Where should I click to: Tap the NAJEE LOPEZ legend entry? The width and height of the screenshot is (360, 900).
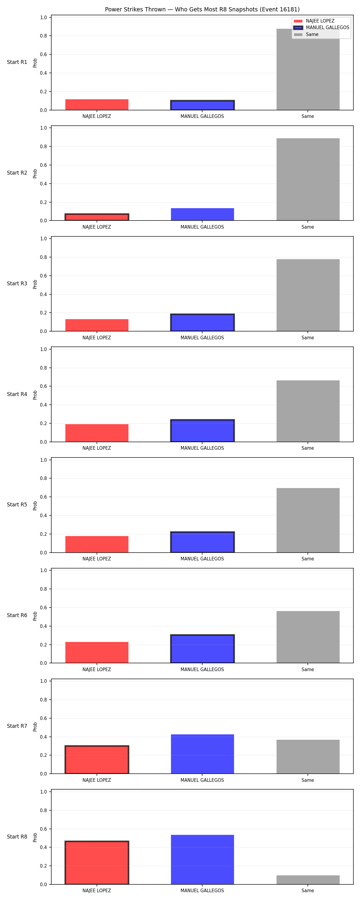tap(314, 21)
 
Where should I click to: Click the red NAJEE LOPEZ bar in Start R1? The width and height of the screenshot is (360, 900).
tap(97, 104)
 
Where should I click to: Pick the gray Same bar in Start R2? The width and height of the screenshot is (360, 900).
tap(308, 179)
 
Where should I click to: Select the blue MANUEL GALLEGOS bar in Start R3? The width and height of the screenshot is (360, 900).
tap(202, 322)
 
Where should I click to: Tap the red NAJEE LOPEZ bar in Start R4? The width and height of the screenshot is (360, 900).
tap(97, 433)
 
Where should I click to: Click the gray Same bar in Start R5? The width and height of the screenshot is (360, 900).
tap(308, 520)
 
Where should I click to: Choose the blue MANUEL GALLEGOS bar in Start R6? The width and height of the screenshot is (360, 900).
tap(202, 649)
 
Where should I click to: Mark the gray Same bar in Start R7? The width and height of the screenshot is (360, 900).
tap(308, 757)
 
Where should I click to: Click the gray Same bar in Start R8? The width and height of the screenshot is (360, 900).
tap(308, 880)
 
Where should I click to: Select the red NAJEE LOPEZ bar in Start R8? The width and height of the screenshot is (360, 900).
tap(97, 862)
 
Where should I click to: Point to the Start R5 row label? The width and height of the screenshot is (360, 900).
tap(17, 505)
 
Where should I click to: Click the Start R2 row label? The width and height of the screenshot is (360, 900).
tap(17, 172)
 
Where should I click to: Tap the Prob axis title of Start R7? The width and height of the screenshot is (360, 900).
tap(35, 727)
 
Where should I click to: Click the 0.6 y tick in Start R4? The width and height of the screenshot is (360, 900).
tap(43, 386)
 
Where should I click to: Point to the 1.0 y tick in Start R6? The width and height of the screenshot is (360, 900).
tap(43, 571)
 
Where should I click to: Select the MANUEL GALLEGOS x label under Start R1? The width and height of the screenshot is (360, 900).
tap(202, 116)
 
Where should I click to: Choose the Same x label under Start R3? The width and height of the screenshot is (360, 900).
tap(308, 338)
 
